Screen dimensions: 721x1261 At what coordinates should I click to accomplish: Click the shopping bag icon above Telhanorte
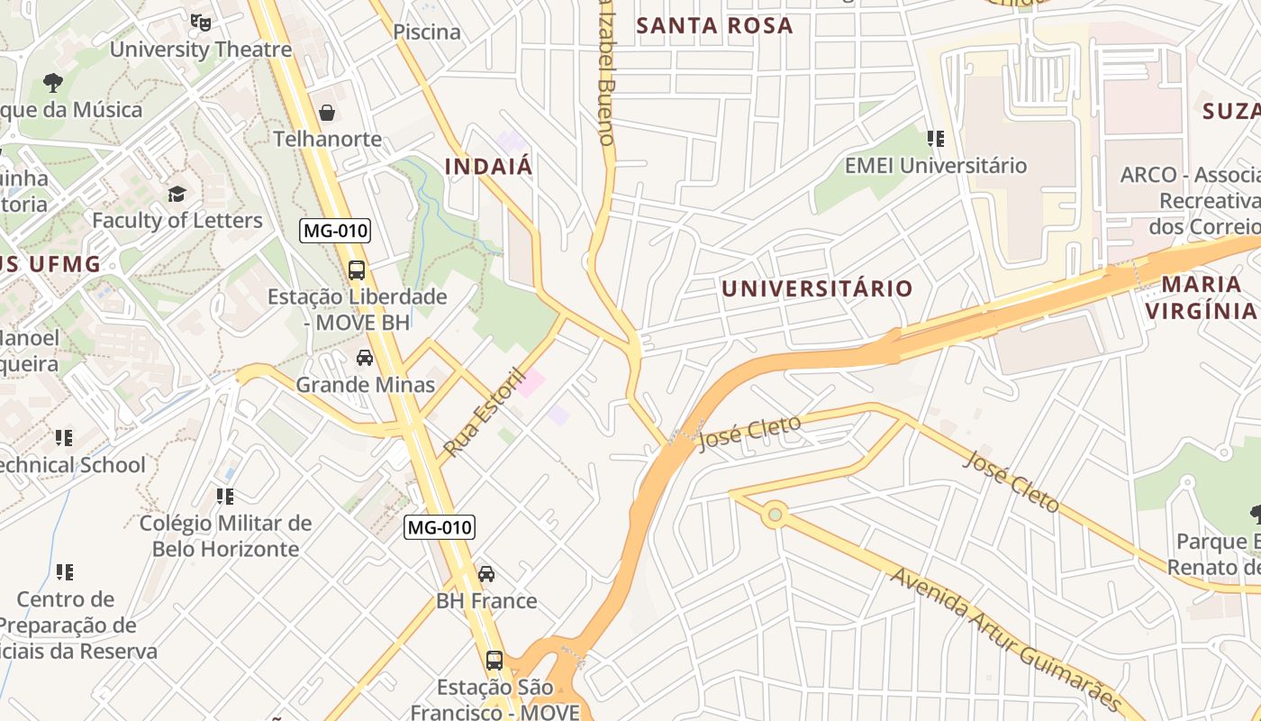[x=327, y=113]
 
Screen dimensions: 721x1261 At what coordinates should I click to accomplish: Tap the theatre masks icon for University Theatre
[x=200, y=21]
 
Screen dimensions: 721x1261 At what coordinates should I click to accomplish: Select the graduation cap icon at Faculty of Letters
[x=177, y=194]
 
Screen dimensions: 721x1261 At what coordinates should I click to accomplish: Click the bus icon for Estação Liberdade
[x=357, y=269]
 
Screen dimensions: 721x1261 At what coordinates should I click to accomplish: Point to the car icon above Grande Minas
[x=365, y=358]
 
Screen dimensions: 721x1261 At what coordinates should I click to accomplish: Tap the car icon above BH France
[x=485, y=574]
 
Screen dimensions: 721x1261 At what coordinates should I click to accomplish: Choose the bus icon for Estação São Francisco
[x=494, y=660]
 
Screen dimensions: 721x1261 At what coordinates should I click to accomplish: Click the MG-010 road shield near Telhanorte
[x=335, y=231]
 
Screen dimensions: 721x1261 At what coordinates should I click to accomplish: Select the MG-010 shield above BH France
[x=439, y=527]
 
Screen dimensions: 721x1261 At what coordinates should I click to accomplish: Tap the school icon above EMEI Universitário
[x=935, y=139]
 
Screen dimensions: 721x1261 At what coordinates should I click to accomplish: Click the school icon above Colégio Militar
[x=225, y=496]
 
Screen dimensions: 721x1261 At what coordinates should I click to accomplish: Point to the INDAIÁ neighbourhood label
[x=489, y=167]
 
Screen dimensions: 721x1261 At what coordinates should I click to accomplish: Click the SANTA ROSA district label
[x=714, y=25]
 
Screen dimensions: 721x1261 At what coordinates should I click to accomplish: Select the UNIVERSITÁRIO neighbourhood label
[x=817, y=288]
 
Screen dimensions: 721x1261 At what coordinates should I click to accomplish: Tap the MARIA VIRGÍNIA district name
[x=1201, y=297]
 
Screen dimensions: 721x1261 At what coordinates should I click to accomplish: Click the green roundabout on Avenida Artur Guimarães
[x=774, y=516]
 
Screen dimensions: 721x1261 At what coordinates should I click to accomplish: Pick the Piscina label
[x=427, y=32]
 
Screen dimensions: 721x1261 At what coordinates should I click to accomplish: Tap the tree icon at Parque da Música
[x=53, y=83]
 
